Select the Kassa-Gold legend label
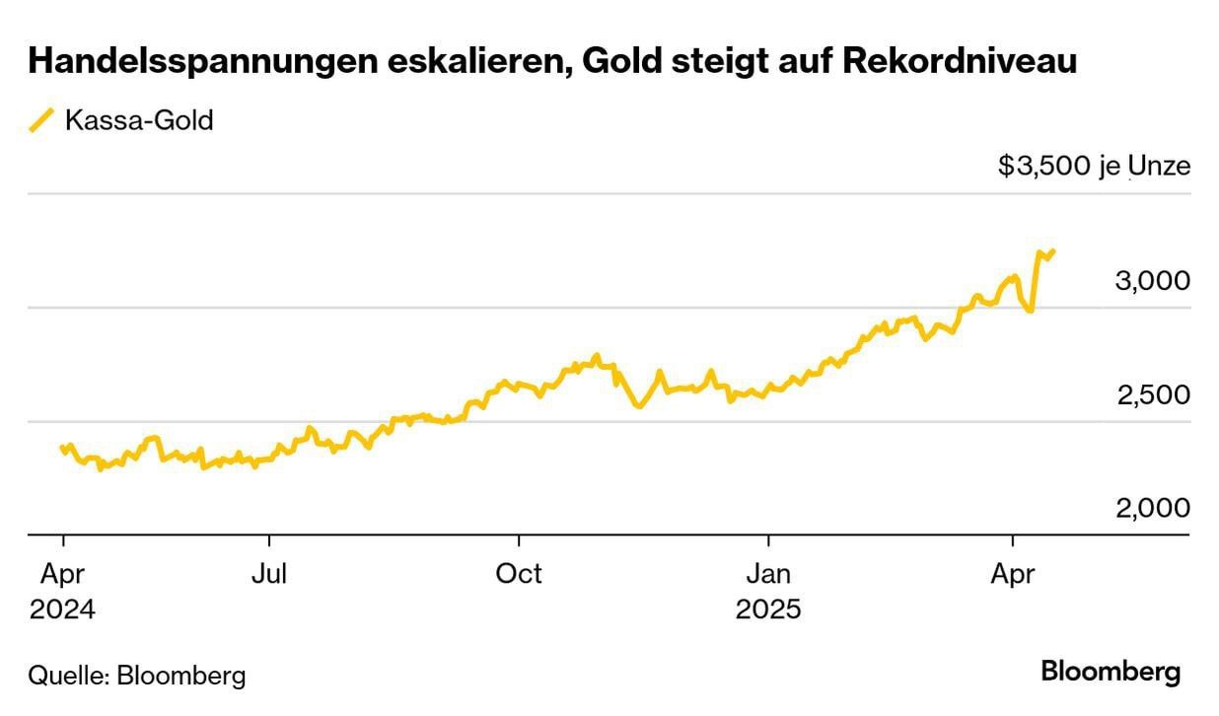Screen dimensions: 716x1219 pos(139,121)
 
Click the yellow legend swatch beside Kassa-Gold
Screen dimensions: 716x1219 pos(42,121)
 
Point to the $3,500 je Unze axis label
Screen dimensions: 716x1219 pos(1094,166)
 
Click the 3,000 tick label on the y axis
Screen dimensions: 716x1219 pos(1153,280)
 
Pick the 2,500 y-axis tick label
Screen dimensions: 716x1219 pos(1153,394)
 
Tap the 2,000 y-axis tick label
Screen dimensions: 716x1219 pos(1153,508)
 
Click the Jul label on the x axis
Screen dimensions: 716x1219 pos(267,573)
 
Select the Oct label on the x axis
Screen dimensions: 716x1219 pos(519,573)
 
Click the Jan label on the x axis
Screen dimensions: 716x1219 pos(767,573)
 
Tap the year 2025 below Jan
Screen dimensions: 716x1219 pos(768,609)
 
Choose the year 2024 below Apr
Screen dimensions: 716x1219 pos(62,609)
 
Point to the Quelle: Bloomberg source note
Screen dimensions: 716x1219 pos(137,676)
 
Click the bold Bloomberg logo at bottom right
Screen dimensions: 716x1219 pos(1111,673)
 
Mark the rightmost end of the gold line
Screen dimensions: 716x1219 pos(1054,251)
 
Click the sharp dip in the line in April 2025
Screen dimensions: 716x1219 pos(1031,312)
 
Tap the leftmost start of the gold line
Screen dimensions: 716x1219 pos(62,447)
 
